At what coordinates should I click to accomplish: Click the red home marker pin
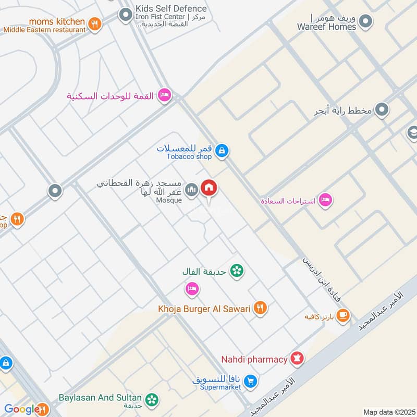[210, 188]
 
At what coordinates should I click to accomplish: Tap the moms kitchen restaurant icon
[94, 24]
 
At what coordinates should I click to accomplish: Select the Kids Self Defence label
[170, 9]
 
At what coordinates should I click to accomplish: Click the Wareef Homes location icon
[366, 22]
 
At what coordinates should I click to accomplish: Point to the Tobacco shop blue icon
[222, 151]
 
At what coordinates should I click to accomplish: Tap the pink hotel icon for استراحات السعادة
[325, 200]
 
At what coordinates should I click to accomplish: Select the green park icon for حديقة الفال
[237, 271]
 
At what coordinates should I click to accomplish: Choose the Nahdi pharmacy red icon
[297, 359]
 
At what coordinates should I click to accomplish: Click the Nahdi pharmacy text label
[254, 359]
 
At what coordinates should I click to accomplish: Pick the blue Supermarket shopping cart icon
[251, 382]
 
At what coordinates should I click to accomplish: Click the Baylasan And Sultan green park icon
[152, 400]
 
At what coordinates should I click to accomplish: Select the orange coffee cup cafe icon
[343, 315]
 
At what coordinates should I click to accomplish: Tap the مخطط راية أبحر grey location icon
[383, 110]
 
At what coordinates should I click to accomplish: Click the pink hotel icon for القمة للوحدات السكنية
[165, 95]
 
